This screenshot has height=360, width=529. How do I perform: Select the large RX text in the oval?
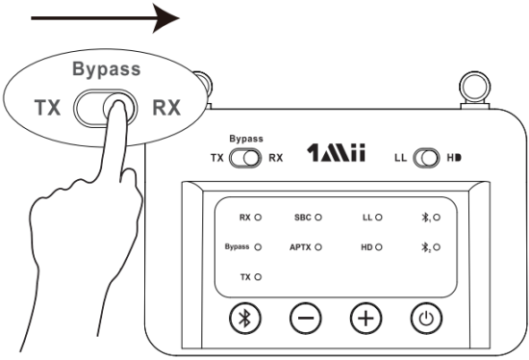point(167,107)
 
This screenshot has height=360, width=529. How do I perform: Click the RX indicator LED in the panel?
point(259,219)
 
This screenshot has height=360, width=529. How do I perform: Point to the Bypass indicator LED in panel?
point(259,247)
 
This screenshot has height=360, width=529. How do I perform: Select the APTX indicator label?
point(301,247)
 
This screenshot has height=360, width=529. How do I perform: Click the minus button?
point(304,318)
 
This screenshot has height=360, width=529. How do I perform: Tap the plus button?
point(364,318)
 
